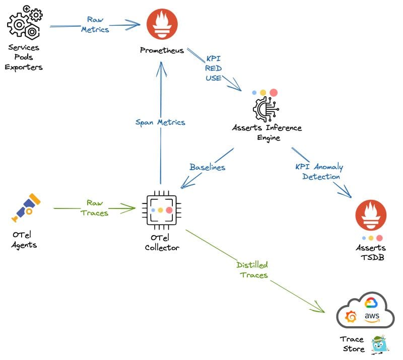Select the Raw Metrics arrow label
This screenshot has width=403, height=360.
[x=95, y=24]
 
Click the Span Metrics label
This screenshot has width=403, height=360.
[x=160, y=122]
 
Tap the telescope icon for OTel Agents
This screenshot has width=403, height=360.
[x=25, y=207]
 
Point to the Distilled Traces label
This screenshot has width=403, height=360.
[x=252, y=269]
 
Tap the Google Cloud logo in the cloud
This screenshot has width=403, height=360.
[x=371, y=303]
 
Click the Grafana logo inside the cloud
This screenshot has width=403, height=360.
[x=351, y=317]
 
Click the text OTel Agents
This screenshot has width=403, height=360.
[x=24, y=240]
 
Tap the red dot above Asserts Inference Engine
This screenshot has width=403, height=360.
[x=274, y=93]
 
